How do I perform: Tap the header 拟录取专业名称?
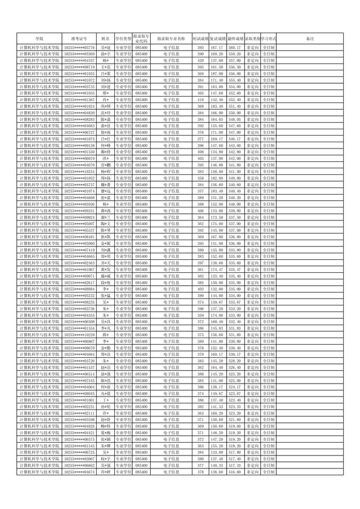click(172, 38)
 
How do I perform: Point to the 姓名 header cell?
click(105, 38)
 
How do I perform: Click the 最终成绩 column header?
click(235, 38)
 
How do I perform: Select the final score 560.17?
click(235, 48)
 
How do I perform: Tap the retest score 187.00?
click(218, 74)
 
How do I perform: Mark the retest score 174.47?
click(218, 269)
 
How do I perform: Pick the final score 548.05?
click(235, 119)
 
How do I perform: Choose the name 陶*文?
click(105, 224)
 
